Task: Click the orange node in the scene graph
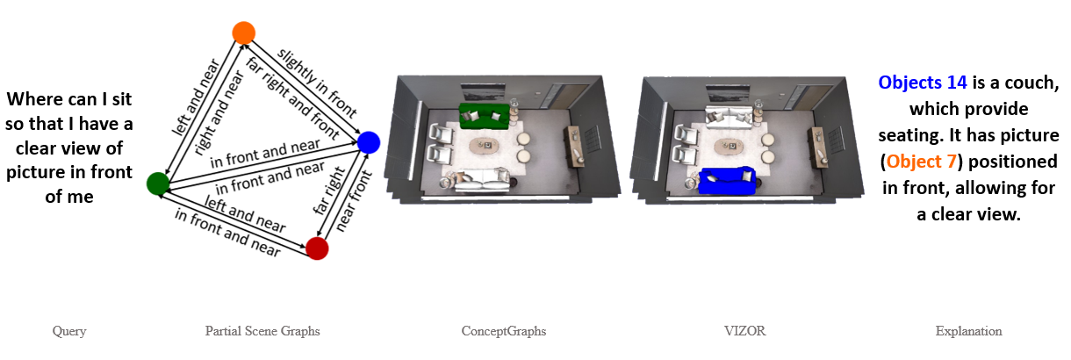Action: coord(243,33)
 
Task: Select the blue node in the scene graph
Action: coord(369,142)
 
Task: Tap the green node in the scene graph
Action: coord(158,184)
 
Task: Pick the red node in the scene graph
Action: coord(317,248)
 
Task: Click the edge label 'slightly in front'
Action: coord(317,83)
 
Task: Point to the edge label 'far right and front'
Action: coord(292,98)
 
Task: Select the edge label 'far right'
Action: coord(329,191)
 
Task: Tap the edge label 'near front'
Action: coord(354,201)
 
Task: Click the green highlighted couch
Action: coord(484,116)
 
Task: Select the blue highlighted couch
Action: coord(727,181)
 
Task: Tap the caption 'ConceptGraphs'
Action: coord(504,331)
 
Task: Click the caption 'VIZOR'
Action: coord(744,331)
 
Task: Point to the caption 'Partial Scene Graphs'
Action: coord(262,331)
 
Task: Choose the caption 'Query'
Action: coord(69,331)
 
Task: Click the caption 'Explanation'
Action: coord(968,331)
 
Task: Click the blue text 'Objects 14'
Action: coord(923,83)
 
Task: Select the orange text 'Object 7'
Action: coord(922,162)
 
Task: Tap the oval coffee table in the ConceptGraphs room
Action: coord(484,146)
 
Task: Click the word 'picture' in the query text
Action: coord(34,172)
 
